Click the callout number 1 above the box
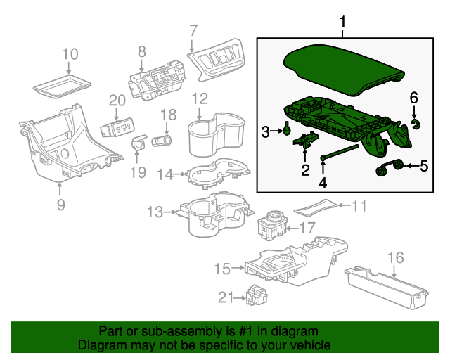point(343,24)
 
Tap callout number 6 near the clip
point(414,96)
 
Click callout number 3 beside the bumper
point(265,131)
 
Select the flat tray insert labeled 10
point(62,87)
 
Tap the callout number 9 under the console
point(60,205)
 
